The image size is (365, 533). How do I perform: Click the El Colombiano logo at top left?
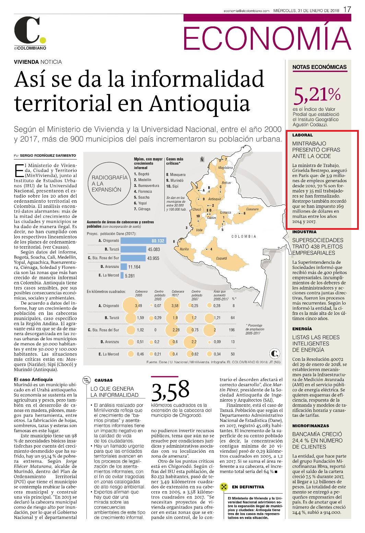click(x=30, y=33)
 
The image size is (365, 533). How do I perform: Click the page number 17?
click(x=347, y=10)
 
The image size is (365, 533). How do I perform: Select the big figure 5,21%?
click(x=317, y=95)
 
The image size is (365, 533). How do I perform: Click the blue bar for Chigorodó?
click(x=143, y=241)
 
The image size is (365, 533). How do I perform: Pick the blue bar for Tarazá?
click(x=133, y=249)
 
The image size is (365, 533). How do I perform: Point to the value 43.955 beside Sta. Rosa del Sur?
click(x=153, y=258)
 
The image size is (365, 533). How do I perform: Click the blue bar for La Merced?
click(x=122, y=275)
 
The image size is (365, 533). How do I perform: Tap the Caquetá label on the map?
click(x=221, y=258)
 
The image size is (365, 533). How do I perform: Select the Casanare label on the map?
click(x=252, y=209)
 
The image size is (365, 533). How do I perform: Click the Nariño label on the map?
click(x=185, y=249)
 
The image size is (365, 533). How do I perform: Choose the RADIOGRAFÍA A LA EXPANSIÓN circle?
click(x=110, y=183)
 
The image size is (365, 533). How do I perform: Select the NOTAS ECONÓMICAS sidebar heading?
click(x=319, y=67)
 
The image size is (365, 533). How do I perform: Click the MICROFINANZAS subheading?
click(x=310, y=426)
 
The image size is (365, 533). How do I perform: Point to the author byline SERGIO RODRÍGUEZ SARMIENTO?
click(x=48, y=155)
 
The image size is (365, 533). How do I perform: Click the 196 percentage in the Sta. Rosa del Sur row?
click(x=232, y=330)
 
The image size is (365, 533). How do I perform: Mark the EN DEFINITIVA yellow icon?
click(x=224, y=487)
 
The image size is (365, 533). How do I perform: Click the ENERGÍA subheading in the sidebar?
click(x=302, y=329)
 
